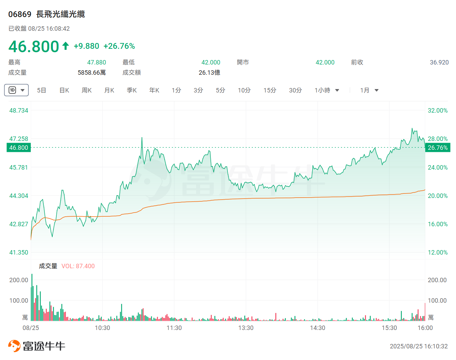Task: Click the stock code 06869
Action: pos(20,14)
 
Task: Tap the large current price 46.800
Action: pos(34,47)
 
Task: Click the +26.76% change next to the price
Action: pos(119,46)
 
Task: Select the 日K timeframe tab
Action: pos(64,90)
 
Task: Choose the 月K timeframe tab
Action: pos(109,90)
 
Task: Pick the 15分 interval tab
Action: pos(270,90)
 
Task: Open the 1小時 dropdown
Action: pos(327,90)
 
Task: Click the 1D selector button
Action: pos(16,90)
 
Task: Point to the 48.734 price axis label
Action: pos(19,111)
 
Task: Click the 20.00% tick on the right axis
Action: pos(438,196)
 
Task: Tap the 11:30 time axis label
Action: pos(174,328)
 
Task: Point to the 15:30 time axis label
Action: pos(389,328)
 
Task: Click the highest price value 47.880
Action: pos(97,62)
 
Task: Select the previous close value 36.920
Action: pos(439,62)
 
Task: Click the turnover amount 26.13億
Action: pos(209,73)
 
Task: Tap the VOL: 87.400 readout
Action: pos(78,266)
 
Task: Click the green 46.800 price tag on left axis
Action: pos(19,148)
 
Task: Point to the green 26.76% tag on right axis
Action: pos(438,148)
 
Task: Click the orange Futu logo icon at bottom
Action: pos(14,346)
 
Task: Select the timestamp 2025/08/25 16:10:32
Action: pos(419,346)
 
